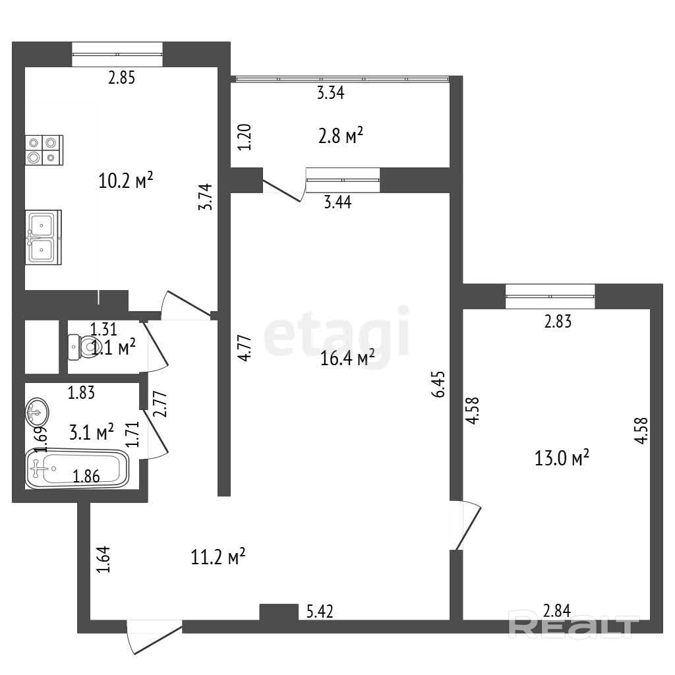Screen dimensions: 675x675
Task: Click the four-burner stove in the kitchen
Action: coord(44,150)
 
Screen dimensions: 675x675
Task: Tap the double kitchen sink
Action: coord(43,237)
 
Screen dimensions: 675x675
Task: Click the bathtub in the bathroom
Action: coord(77,469)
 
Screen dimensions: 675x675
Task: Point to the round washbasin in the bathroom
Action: coord(37,412)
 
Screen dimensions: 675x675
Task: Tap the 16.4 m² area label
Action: coord(347,357)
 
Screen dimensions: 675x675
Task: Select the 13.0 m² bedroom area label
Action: coord(562,457)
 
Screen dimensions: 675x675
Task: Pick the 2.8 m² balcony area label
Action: coord(341,136)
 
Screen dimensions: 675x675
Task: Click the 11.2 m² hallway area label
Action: coord(218,557)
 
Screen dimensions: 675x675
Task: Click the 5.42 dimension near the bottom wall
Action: coord(320,612)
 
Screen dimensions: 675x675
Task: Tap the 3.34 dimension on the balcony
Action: coord(331,92)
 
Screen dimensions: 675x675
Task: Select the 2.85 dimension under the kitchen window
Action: coord(121,78)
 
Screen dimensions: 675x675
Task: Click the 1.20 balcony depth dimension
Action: coord(245,137)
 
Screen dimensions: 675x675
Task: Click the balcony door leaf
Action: coord(281,191)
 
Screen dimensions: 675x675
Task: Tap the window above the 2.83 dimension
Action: coord(550,296)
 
